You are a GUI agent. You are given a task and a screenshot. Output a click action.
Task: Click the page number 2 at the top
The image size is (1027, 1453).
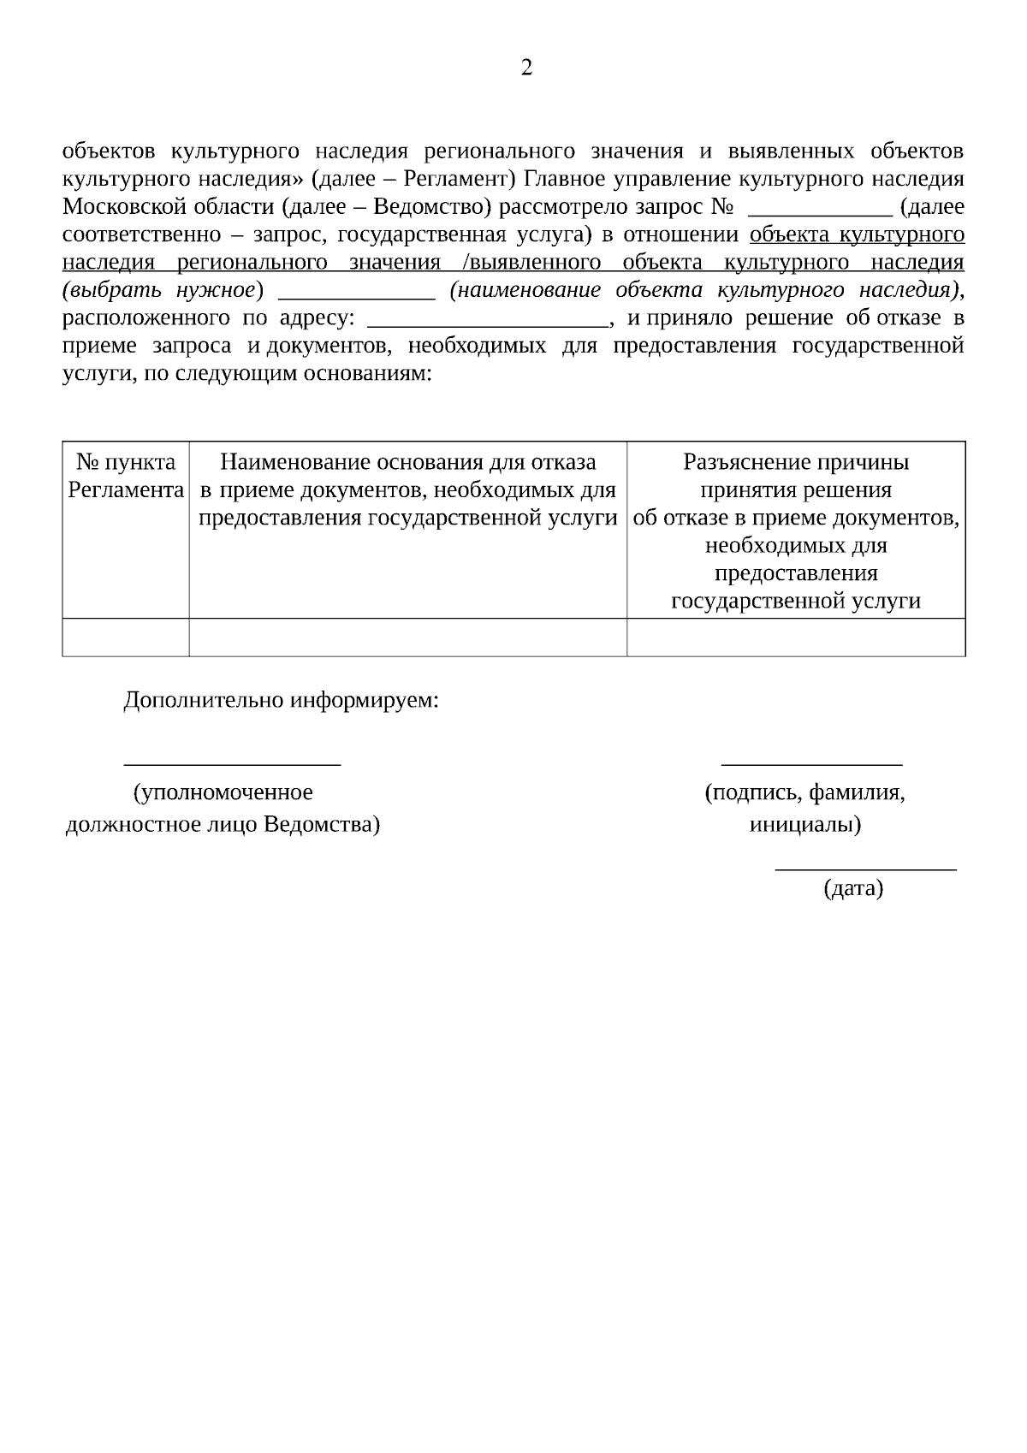[x=526, y=68]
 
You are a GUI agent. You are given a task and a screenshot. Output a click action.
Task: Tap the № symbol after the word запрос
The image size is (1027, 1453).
[x=722, y=207]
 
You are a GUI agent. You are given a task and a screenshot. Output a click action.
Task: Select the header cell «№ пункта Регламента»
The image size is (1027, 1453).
[x=126, y=477]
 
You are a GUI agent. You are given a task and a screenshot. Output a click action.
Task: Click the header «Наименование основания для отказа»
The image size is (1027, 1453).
[x=407, y=463]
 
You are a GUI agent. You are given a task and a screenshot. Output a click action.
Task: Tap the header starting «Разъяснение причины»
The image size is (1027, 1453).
[x=796, y=463]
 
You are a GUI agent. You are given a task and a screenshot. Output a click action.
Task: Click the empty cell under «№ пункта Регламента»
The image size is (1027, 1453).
[x=126, y=638]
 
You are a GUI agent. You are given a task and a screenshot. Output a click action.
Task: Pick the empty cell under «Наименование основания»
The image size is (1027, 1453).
[x=407, y=638]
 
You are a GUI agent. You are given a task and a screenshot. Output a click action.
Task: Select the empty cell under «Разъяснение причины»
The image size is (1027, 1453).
[x=796, y=638]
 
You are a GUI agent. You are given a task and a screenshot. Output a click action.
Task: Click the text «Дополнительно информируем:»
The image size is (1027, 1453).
[x=282, y=701]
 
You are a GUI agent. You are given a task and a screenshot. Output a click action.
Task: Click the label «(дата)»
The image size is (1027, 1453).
[x=853, y=889]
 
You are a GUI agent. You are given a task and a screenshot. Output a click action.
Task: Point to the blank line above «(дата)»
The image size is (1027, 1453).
[x=865, y=869]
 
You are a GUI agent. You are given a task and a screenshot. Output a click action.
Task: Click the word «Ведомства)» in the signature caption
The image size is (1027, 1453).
[x=322, y=825]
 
